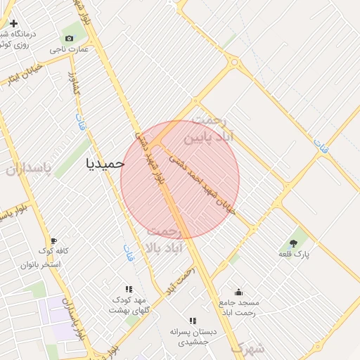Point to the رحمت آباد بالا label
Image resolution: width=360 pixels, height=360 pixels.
[165, 240]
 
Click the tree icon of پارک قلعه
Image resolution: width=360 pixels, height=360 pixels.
[293, 243]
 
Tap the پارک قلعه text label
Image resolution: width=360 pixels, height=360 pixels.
[294, 253]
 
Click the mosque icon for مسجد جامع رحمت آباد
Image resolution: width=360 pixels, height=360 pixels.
[239, 292]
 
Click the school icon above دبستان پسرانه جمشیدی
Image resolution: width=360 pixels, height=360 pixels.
[193, 321]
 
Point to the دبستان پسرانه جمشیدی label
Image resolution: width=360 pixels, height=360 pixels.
[193, 336]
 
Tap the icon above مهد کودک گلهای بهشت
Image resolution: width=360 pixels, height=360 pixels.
[129, 289]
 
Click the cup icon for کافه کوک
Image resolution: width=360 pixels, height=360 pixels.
[54, 240]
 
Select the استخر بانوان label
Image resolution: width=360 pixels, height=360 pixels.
[41, 265]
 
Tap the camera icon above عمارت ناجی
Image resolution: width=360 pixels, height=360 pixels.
[69, 38]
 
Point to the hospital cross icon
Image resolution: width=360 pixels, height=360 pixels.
[13, 23]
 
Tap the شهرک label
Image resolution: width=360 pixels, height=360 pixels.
[247, 348]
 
